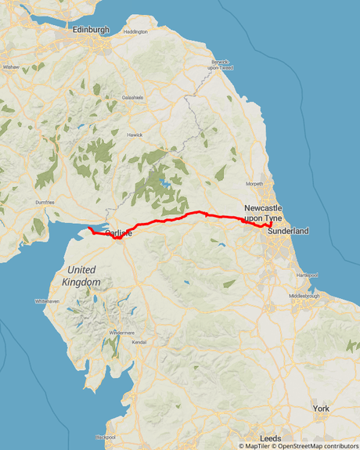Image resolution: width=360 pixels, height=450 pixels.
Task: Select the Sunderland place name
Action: [x=288, y=232]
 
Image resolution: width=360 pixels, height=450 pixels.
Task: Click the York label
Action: [x=321, y=409]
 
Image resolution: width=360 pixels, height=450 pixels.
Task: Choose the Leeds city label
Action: [x=271, y=438]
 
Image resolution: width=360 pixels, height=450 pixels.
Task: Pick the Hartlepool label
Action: [x=307, y=275]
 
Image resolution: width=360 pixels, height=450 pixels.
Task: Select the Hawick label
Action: [x=135, y=135]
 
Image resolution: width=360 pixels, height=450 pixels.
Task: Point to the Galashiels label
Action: [x=131, y=98]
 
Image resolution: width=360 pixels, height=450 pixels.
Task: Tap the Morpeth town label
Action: [x=255, y=184]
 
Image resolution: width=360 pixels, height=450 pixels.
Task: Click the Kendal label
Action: [x=139, y=342]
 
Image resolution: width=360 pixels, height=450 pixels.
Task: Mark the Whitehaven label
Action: [x=46, y=301]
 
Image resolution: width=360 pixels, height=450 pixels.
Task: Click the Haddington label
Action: [x=135, y=32]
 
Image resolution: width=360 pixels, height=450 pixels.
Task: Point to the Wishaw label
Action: [x=11, y=67]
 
